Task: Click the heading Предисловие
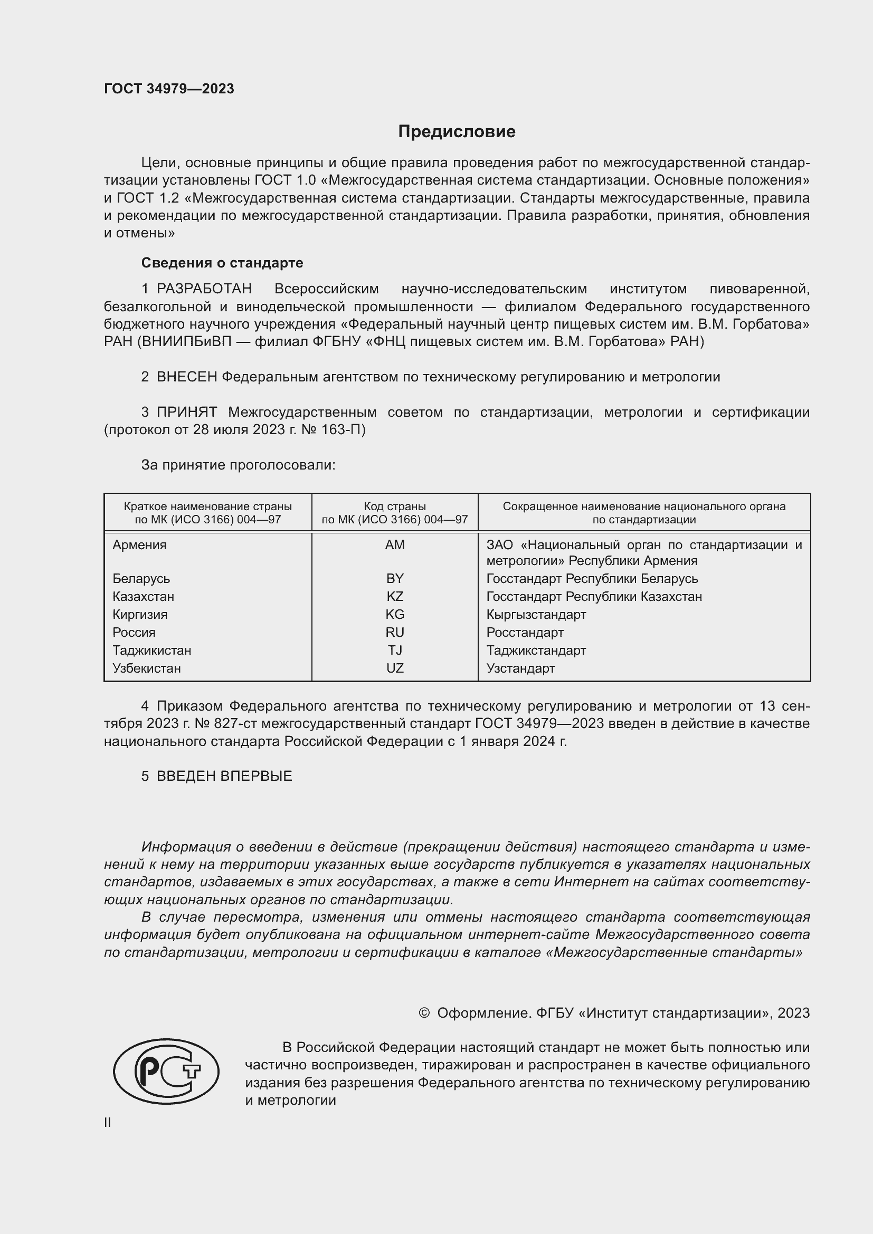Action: coord(457,132)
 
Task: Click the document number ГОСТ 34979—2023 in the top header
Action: coord(169,89)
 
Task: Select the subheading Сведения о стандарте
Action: coord(222,263)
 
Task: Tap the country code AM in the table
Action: coord(395,544)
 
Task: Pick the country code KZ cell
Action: coord(395,596)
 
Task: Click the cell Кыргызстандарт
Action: coord(536,614)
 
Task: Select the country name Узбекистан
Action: coord(146,668)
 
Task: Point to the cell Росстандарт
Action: coord(525,632)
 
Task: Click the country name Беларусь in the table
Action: coord(141,578)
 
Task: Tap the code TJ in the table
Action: coord(395,651)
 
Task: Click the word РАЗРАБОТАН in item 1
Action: coord(204,289)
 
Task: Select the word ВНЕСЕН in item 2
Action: coord(186,377)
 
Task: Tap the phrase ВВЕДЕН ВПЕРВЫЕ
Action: coord(224,776)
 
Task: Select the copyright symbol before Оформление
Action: coord(424,1013)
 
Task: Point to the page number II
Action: coord(108,1122)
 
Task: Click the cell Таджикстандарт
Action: coord(536,651)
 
